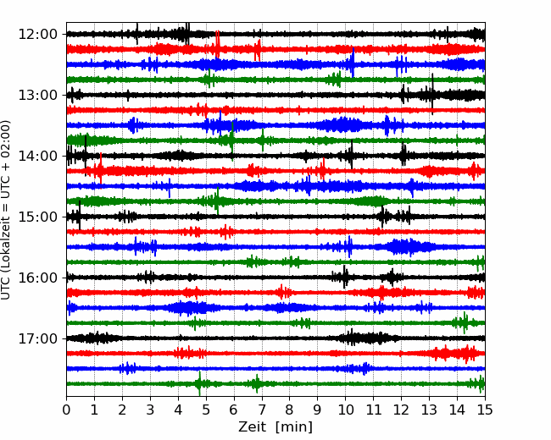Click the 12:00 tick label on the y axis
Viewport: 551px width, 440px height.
click(37, 35)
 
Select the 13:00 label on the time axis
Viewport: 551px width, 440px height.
click(37, 95)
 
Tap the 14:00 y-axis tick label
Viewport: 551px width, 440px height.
click(37, 156)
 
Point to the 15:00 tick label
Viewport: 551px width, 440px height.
click(37, 217)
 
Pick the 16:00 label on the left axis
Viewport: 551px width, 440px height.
click(37, 278)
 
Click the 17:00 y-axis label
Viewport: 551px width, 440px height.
click(37, 338)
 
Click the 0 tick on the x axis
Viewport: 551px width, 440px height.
click(66, 410)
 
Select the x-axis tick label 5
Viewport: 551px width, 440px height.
click(206, 410)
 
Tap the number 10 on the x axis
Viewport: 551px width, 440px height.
click(345, 410)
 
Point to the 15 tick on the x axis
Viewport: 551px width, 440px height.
click(485, 410)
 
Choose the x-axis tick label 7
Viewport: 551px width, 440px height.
click(262, 410)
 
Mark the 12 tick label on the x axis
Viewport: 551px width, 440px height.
click(401, 410)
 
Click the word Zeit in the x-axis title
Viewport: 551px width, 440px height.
click(252, 426)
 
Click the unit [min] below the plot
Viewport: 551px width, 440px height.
click(294, 427)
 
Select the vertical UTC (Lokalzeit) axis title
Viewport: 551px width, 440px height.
click(6, 210)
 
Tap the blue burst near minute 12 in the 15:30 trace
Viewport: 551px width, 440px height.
click(409, 247)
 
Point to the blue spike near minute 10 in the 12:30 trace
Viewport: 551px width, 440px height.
click(353, 63)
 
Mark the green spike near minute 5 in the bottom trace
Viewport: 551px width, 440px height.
click(199, 383)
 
